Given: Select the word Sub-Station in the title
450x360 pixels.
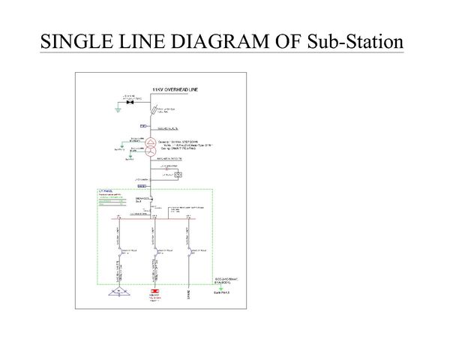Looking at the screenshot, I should (354, 40).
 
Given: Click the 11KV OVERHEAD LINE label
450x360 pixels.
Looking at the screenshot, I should (174, 88).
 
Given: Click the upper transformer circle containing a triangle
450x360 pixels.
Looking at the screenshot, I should (151, 142).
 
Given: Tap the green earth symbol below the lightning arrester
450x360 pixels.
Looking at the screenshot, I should (116, 109).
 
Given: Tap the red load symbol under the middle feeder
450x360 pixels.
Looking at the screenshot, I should (155, 291).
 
